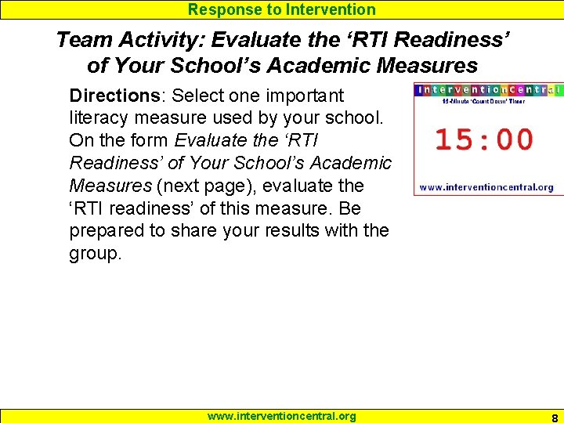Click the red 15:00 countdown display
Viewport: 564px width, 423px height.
tap(483, 139)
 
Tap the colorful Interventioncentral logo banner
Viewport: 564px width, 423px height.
tap(489, 90)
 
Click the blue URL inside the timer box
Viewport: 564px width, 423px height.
tap(486, 187)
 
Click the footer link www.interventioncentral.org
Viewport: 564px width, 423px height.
tap(281, 416)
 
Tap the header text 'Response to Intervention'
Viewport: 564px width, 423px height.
tap(281, 9)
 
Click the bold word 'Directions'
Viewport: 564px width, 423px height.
tap(114, 96)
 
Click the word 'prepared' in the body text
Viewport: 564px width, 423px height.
tap(107, 231)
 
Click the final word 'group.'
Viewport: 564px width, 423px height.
tap(96, 254)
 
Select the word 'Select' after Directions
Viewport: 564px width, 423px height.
tap(197, 96)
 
